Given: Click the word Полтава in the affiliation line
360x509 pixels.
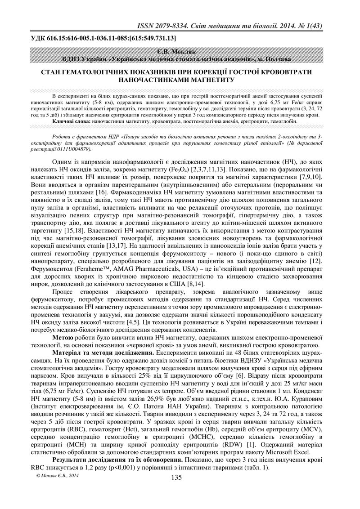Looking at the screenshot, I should tap(276, 59).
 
